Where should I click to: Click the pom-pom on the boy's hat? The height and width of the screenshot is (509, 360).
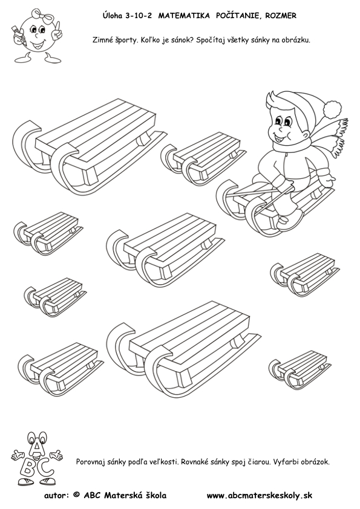tap(332, 109)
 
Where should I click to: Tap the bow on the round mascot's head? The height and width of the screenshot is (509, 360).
tap(42, 16)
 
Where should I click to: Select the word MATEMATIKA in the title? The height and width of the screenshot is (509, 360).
tap(184, 16)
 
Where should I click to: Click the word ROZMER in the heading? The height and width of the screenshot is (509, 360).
tap(281, 16)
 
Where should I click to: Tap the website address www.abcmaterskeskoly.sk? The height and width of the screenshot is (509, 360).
tap(260, 495)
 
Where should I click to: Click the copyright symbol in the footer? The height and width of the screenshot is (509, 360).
tap(77, 495)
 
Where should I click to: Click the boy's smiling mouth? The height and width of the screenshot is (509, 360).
tap(280, 138)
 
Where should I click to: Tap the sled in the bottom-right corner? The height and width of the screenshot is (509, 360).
tap(299, 370)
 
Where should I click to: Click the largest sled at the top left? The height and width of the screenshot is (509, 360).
tap(90, 147)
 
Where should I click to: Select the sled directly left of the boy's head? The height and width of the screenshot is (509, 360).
tap(203, 158)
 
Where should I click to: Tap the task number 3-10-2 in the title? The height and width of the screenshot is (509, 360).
tap(138, 16)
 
